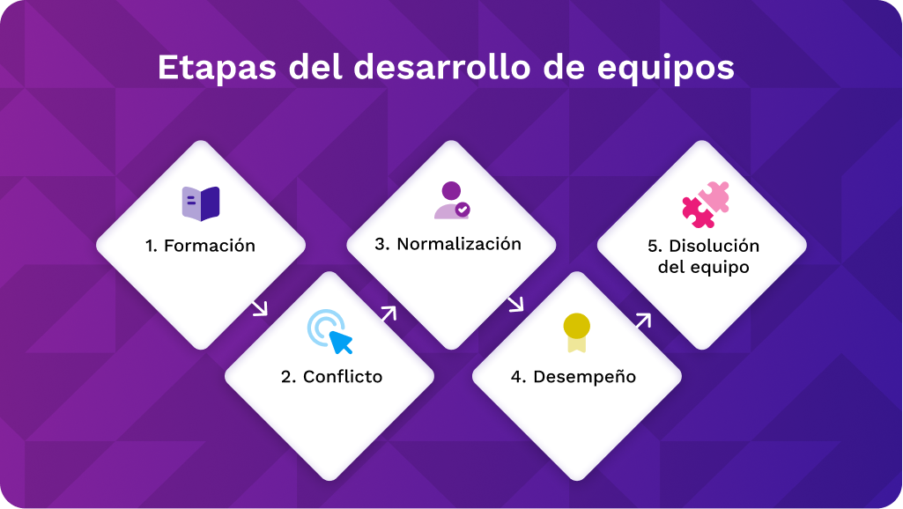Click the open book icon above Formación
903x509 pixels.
(201, 203)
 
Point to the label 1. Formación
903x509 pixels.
(201, 246)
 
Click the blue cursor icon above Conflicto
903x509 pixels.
(330, 332)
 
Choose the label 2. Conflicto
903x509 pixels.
(331, 377)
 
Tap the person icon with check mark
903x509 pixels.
(451, 200)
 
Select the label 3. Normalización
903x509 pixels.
(448, 244)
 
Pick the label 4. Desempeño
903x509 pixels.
(574, 377)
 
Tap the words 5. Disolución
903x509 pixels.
(703, 246)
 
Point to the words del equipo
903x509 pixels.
(703, 267)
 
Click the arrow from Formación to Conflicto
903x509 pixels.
(259, 307)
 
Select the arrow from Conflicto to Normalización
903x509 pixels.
(389, 314)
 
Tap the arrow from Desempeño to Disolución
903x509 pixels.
(642, 321)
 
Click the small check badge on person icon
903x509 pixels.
(463, 210)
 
